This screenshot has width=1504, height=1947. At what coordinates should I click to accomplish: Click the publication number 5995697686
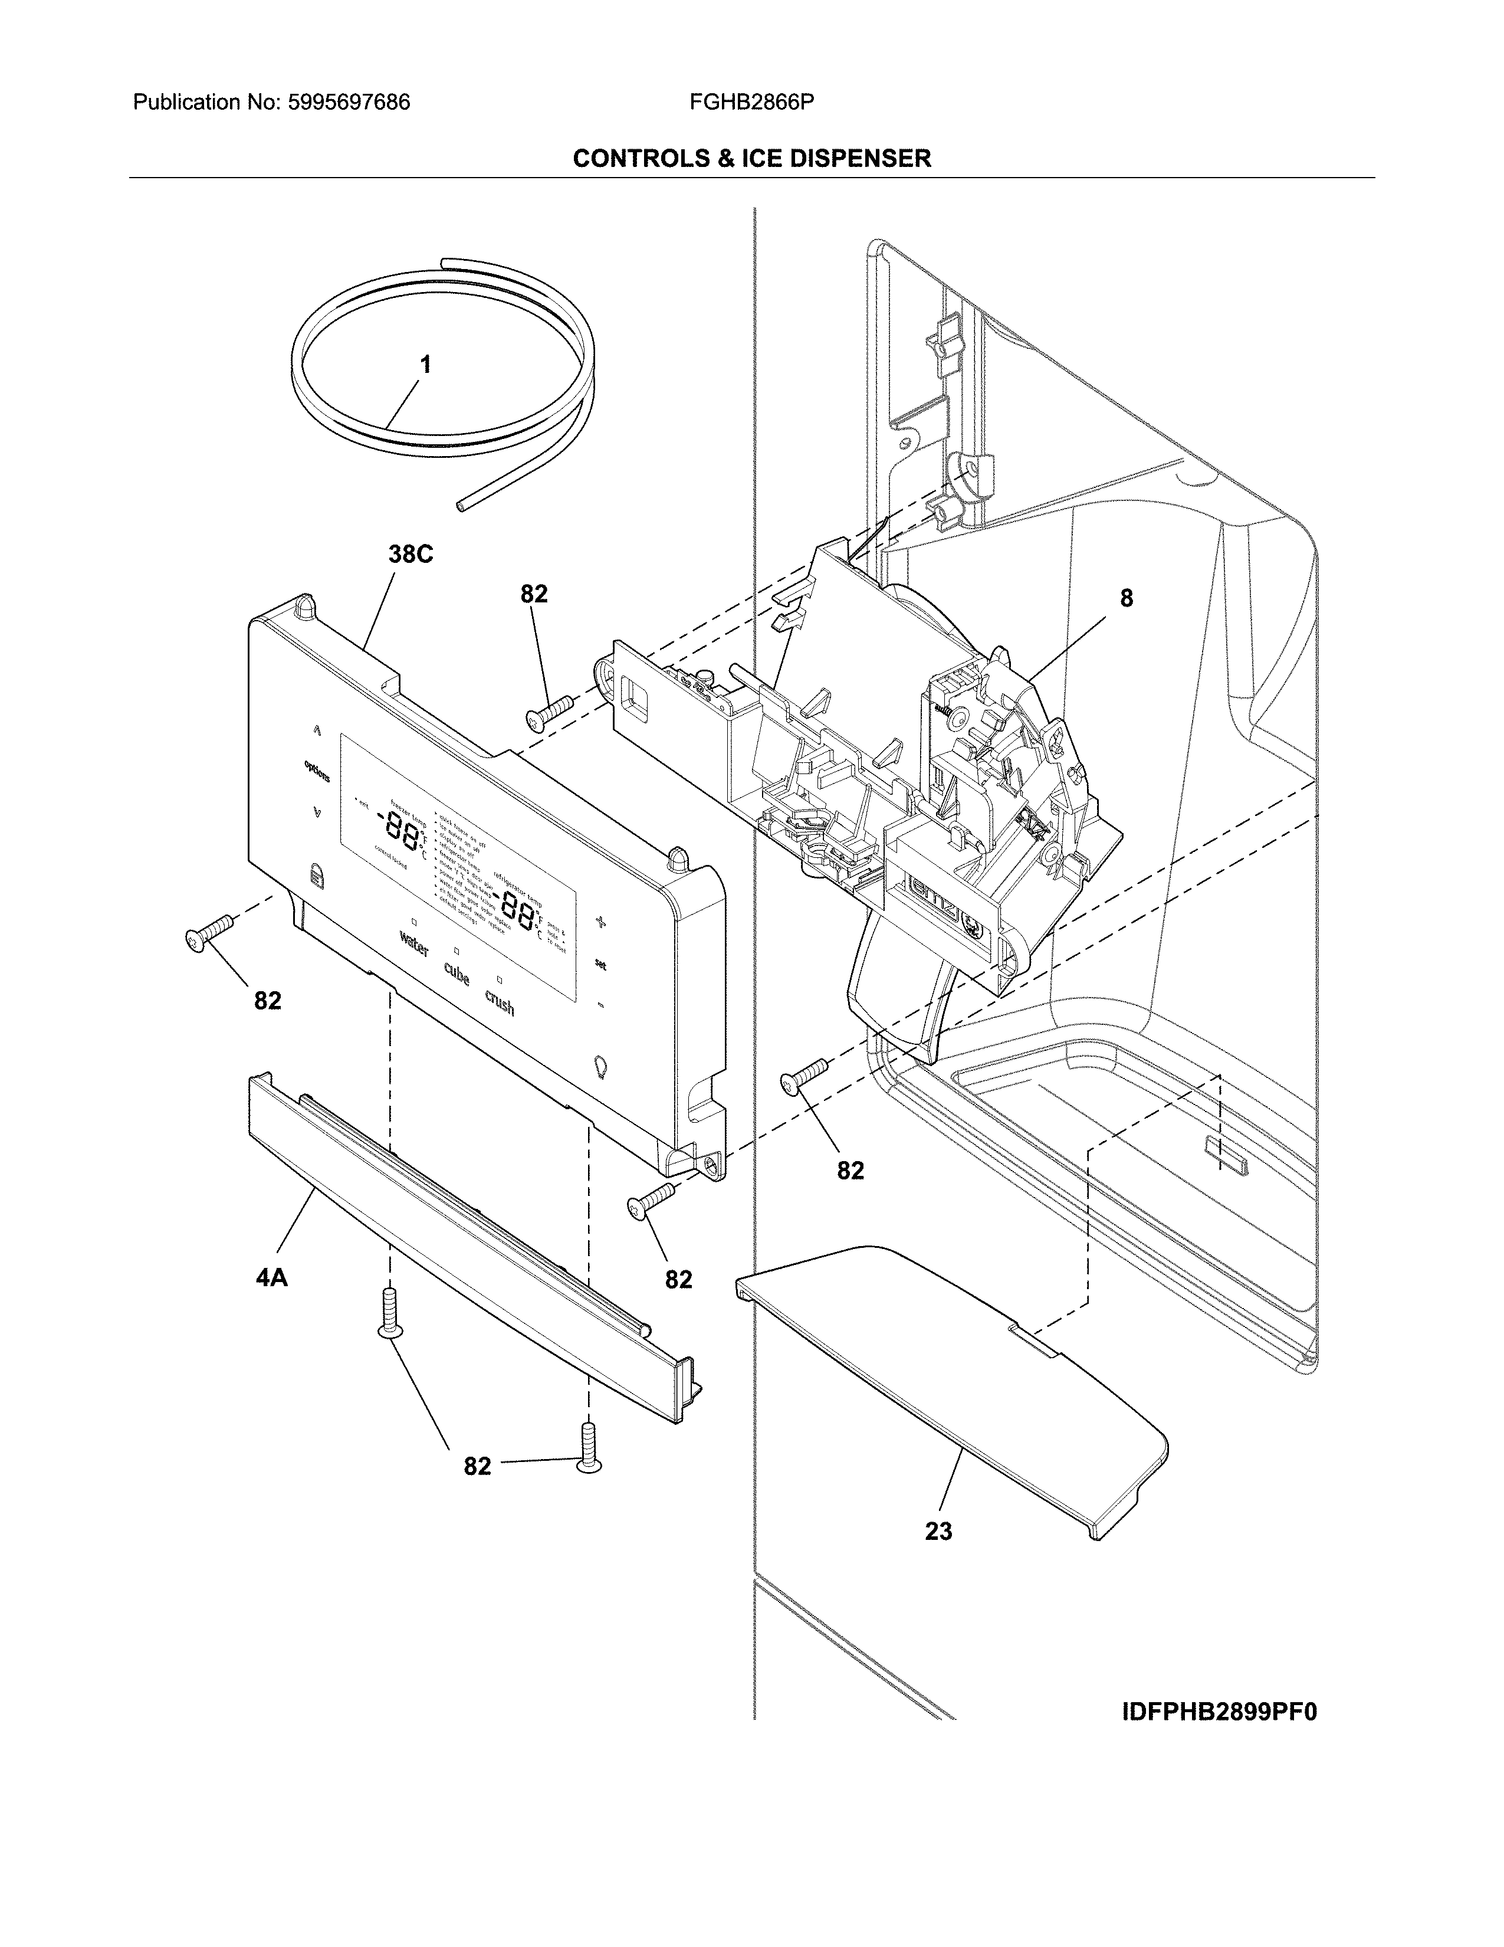click(x=347, y=103)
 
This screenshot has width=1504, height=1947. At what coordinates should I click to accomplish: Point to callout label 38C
click(x=410, y=555)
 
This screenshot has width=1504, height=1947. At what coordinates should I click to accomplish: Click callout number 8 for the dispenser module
click(x=1126, y=598)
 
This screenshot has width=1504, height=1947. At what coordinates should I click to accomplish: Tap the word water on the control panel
click(x=414, y=944)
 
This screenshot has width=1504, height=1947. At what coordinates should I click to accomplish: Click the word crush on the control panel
click(x=500, y=1003)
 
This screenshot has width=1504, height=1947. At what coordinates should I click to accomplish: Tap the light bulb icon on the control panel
click(x=600, y=1066)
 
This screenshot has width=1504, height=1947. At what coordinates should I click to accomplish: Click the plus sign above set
click(x=600, y=923)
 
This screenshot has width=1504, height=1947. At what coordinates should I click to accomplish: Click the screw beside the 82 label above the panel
click(x=550, y=710)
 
